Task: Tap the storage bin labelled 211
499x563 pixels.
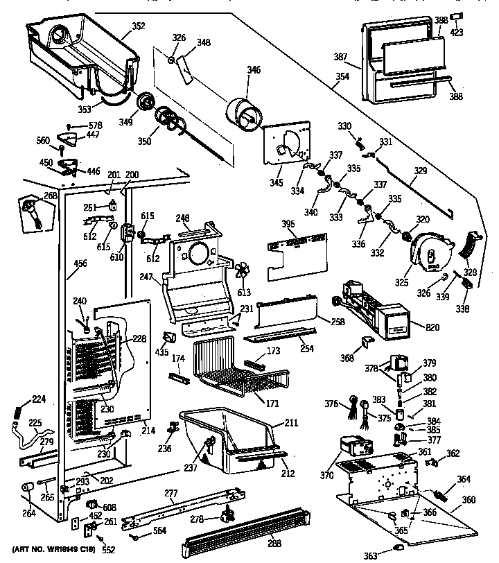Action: point(229,437)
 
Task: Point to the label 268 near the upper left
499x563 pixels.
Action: point(51,196)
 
